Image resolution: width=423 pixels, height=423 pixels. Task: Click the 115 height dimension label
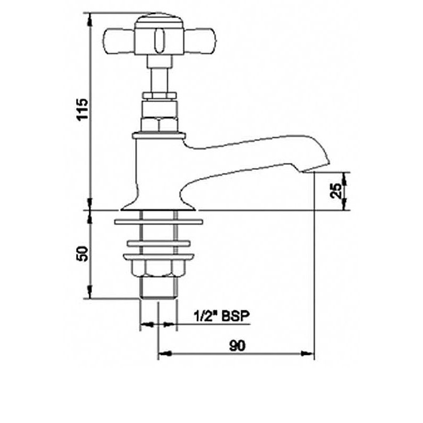click(82, 109)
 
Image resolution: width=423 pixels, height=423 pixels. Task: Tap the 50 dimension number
click(82, 253)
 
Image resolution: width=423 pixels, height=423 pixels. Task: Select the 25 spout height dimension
click(336, 191)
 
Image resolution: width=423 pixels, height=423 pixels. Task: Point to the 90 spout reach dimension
click(237, 346)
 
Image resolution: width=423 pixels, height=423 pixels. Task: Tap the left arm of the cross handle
click(118, 41)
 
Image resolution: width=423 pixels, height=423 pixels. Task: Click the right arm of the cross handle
click(201, 41)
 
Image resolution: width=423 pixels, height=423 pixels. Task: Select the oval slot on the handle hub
click(159, 41)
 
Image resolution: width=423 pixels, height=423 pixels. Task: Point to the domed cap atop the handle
click(160, 21)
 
